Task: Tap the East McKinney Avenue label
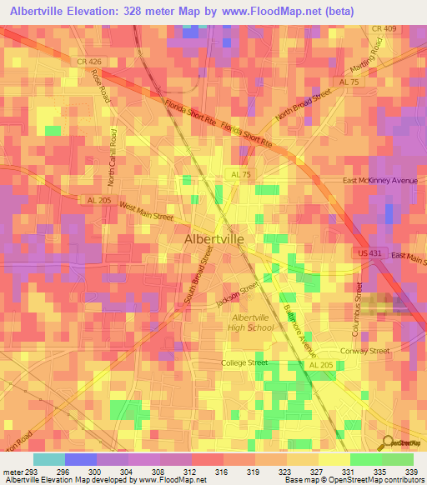point(379,180)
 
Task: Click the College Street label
point(244,362)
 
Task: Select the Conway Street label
point(365,351)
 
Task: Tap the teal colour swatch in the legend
point(49,459)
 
